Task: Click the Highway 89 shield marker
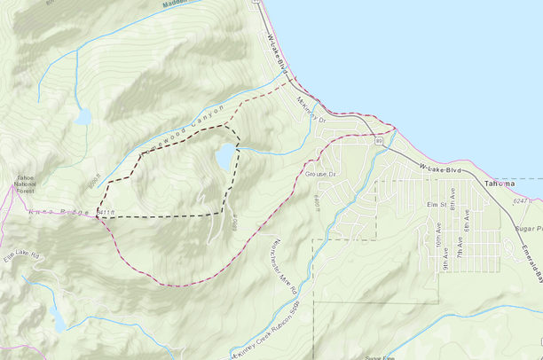coord(379,140)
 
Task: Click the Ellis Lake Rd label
coord(21,255)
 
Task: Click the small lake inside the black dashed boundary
coord(225,158)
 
